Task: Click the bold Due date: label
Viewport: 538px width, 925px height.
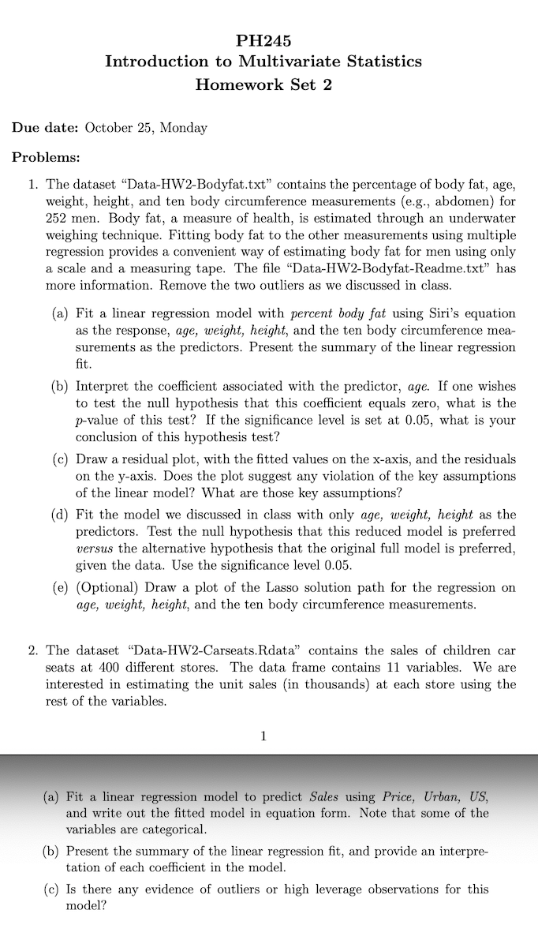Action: click(45, 128)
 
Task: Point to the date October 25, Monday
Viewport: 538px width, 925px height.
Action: click(146, 128)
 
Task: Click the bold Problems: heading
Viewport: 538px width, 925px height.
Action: click(47, 156)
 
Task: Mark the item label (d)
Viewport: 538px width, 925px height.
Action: click(59, 515)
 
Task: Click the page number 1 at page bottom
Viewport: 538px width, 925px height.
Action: click(263, 736)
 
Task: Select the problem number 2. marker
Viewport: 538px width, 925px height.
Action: click(33, 651)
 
